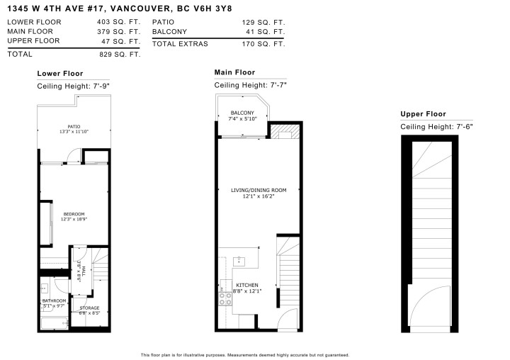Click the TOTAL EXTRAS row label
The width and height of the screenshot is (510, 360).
point(179,44)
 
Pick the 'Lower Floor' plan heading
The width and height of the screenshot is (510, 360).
point(59,74)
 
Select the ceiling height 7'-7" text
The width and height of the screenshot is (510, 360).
point(250,85)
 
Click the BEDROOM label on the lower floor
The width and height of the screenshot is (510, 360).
point(74,214)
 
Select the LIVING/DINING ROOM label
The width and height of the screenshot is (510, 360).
point(258,190)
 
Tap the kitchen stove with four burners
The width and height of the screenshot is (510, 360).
point(226,298)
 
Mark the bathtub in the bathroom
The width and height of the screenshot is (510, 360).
point(54,324)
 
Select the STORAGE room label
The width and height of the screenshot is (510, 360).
point(89,308)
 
